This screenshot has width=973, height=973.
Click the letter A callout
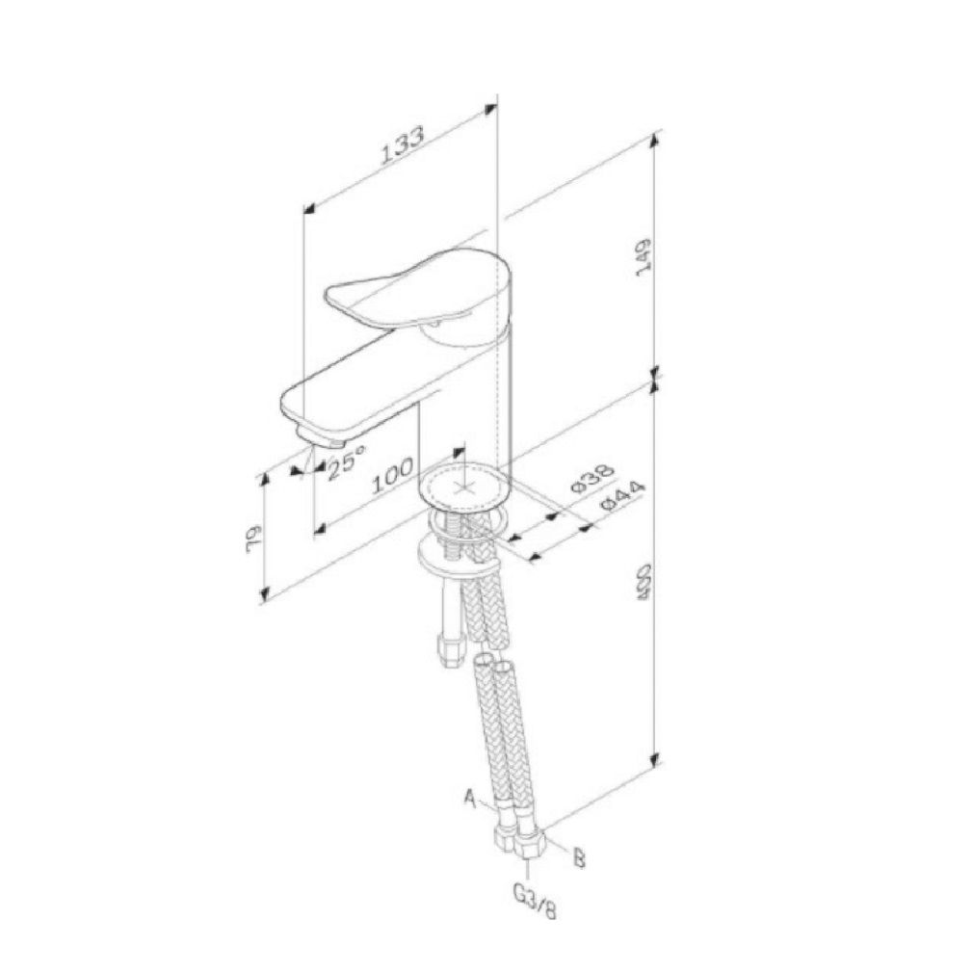point(471,797)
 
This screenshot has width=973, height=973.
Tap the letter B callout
point(579,857)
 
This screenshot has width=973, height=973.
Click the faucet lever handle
point(405,289)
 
